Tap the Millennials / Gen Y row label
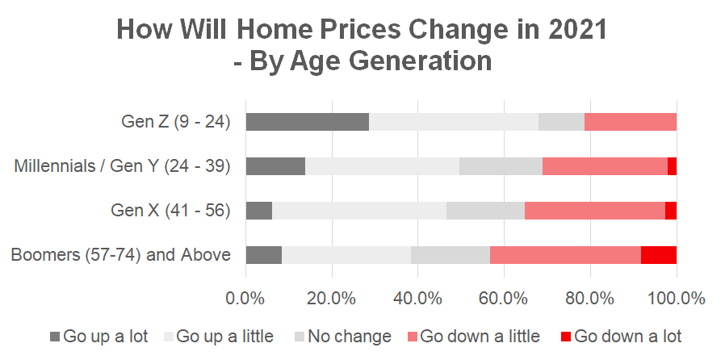123,167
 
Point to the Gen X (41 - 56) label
171,211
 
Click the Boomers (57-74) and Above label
121,255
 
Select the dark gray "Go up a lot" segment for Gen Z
307,122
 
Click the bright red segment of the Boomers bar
658,255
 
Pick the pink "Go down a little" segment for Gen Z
630,122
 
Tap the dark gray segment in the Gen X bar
258,211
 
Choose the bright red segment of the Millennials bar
672,166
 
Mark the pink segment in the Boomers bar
565,255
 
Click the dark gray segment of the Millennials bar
275,166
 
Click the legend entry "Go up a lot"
98,337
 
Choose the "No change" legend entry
345,337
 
